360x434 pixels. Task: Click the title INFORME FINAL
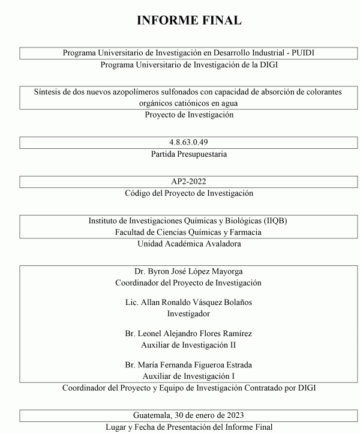coord(189,20)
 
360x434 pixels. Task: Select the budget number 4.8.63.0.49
coord(189,142)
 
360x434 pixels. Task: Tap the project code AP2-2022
coord(189,181)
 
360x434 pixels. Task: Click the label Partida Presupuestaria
coord(189,154)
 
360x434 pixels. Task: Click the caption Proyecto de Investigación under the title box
coord(189,115)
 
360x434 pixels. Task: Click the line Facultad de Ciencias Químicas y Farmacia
coord(189,232)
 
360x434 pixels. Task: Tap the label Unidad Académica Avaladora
coord(189,244)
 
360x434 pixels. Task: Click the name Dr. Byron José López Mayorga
coord(189,271)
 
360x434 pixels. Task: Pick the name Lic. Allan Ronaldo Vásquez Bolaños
coord(189,302)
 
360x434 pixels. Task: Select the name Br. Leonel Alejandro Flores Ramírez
coord(189,333)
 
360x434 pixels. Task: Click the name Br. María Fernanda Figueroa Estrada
coord(189,364)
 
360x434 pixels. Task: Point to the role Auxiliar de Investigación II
coord(189,345)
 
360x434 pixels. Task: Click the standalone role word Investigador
coord(189,313)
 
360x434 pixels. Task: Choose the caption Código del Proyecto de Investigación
coord(189,193)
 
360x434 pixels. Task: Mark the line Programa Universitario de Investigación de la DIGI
coord(189,64)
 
